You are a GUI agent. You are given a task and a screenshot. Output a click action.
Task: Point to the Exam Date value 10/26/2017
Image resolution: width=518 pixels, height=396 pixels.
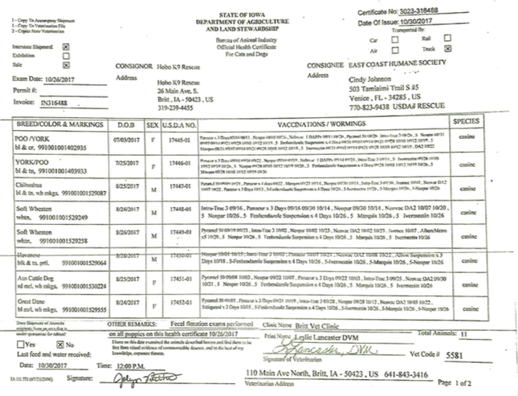pos(54,81)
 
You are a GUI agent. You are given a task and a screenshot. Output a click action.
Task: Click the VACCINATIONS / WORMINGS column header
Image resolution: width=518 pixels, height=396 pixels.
pos(316,126)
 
